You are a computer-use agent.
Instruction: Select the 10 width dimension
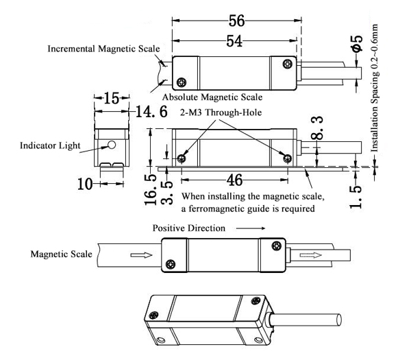pos(86,183)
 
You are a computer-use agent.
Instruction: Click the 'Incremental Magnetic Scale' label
pos(103,49)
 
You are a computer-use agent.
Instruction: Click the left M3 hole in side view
pos(182,158)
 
